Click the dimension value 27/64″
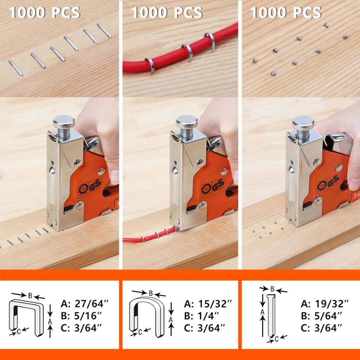pos(91,304)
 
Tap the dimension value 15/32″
pos(215,304)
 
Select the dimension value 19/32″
pos(332,304)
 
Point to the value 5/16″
pos(88,316)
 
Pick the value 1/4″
pos(208,316)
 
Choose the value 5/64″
pos(328,316)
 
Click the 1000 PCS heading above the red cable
pos(167,12)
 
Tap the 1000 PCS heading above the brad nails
pos(286,12)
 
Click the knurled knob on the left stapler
pos(64,122)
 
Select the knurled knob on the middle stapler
pos(187,122)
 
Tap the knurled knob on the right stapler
pos(303,123)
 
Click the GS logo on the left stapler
pos(95,185)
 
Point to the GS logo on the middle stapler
pos(218,185)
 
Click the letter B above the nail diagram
pos(272,289)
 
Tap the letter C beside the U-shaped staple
pos(140,332)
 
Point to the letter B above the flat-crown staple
pos(30,295)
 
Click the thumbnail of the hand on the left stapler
pos(114,177)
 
